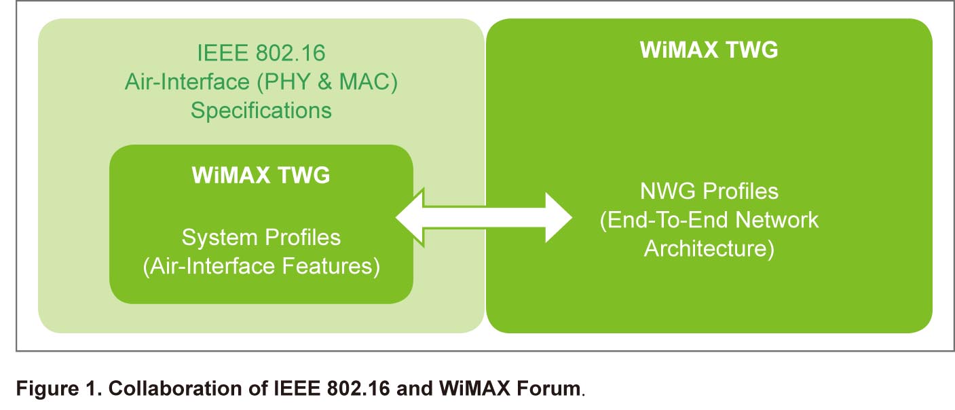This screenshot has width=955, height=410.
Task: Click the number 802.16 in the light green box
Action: pos(291,53)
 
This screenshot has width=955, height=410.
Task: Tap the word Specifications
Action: pos(261,111)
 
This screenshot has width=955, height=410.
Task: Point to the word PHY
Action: pos(286,81)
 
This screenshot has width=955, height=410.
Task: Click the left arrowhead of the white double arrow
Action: pos(410,218)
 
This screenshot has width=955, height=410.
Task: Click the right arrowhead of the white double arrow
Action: pos(559,218)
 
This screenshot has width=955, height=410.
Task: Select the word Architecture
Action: pos(705,248)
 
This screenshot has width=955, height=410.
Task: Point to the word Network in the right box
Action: pos(776,220)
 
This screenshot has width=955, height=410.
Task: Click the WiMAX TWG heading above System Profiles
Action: pos(261,174)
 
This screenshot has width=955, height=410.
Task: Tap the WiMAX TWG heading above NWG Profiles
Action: pos(709,50)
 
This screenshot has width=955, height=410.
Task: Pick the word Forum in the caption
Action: pos(548,388)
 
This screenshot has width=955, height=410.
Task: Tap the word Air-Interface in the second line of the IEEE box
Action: pos(187,81)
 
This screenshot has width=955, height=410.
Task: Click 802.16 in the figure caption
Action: pos(358,388)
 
